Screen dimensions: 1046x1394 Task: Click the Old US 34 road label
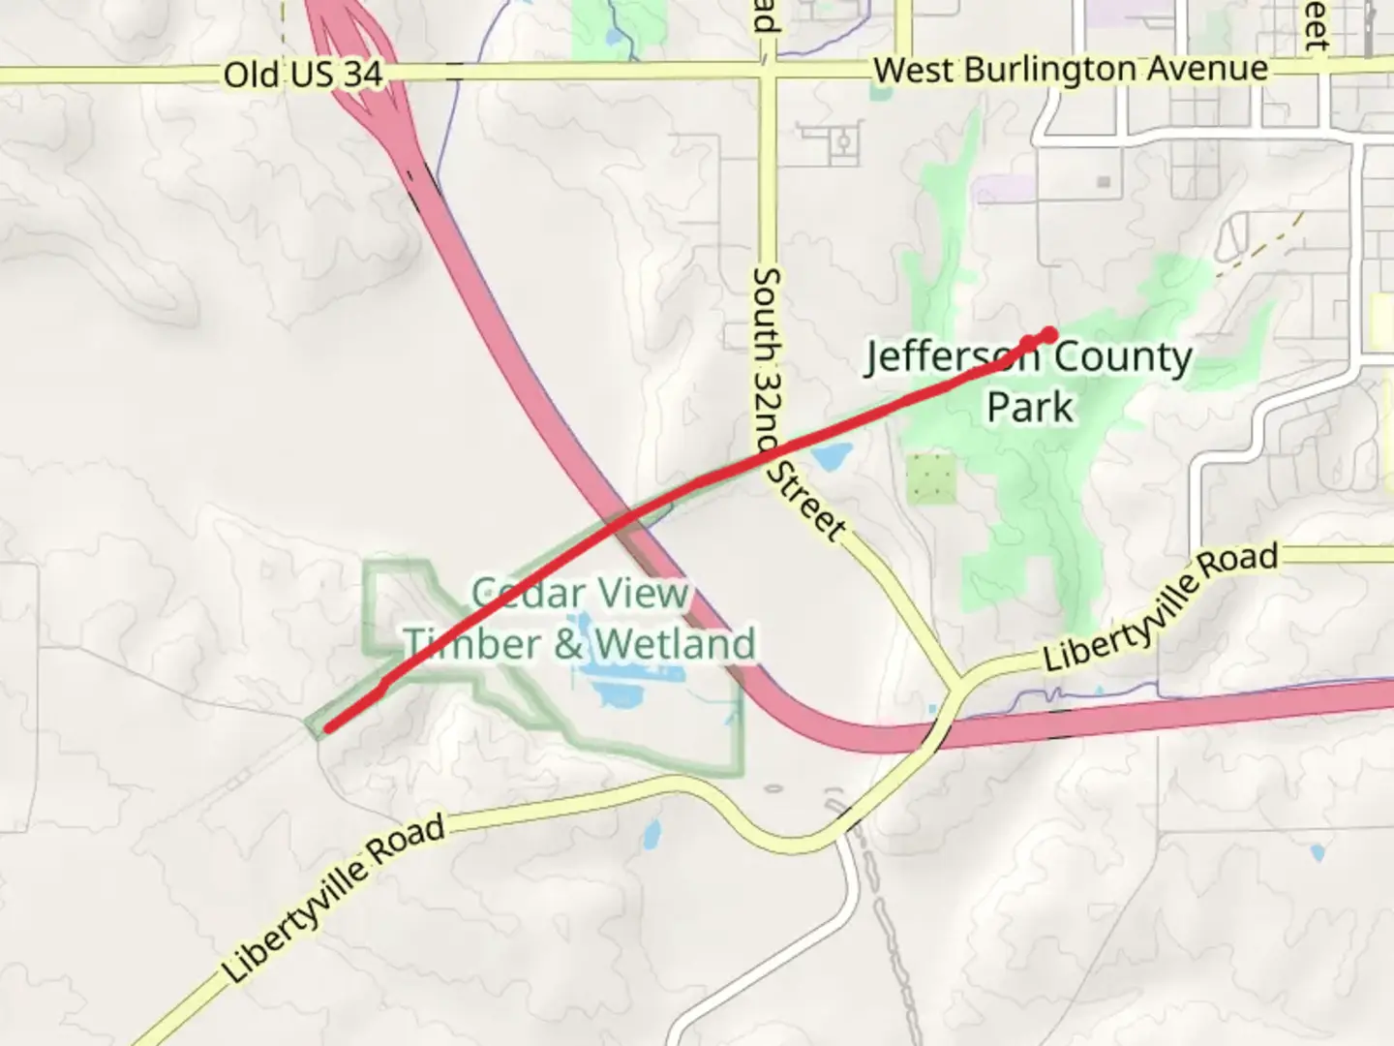302,75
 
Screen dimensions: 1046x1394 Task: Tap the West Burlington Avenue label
1070,70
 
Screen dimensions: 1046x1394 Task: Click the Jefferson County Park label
1029,381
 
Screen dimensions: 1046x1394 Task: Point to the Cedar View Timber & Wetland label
579,619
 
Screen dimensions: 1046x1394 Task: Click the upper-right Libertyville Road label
1159,607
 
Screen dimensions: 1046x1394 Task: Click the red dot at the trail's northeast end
1049,335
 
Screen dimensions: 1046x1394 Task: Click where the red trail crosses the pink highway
623,518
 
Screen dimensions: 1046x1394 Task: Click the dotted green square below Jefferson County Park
931,478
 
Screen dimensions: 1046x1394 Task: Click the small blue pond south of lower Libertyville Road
652,832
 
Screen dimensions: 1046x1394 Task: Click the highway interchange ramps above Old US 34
350,39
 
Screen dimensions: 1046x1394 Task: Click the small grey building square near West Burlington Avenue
1103,182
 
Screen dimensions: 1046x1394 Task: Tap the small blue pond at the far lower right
1317,853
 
